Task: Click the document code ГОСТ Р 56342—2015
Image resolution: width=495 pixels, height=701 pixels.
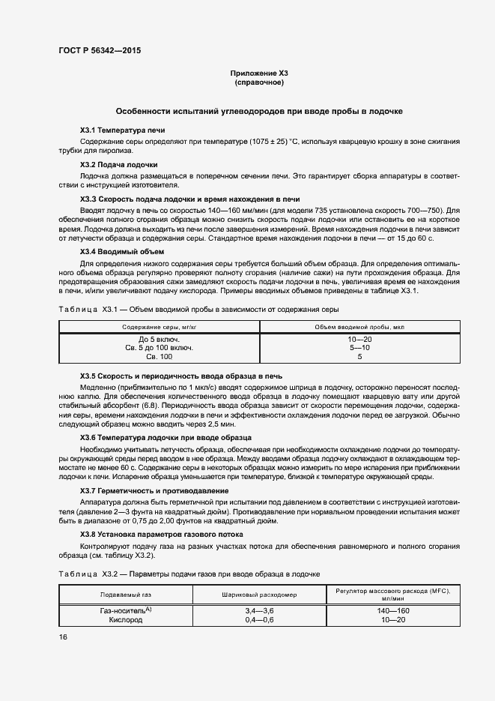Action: pos(99,51)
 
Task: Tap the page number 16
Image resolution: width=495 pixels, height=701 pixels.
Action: pos(63,637)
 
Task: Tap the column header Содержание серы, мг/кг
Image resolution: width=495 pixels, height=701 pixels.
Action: pos(158,328)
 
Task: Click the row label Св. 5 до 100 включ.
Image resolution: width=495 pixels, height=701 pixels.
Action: pos(159,348)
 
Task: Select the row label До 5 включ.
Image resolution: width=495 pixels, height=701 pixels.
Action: pos(159,340)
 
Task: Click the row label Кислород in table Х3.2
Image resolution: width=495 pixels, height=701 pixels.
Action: pos(126,621)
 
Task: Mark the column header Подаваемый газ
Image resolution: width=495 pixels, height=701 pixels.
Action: pos(126,594)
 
